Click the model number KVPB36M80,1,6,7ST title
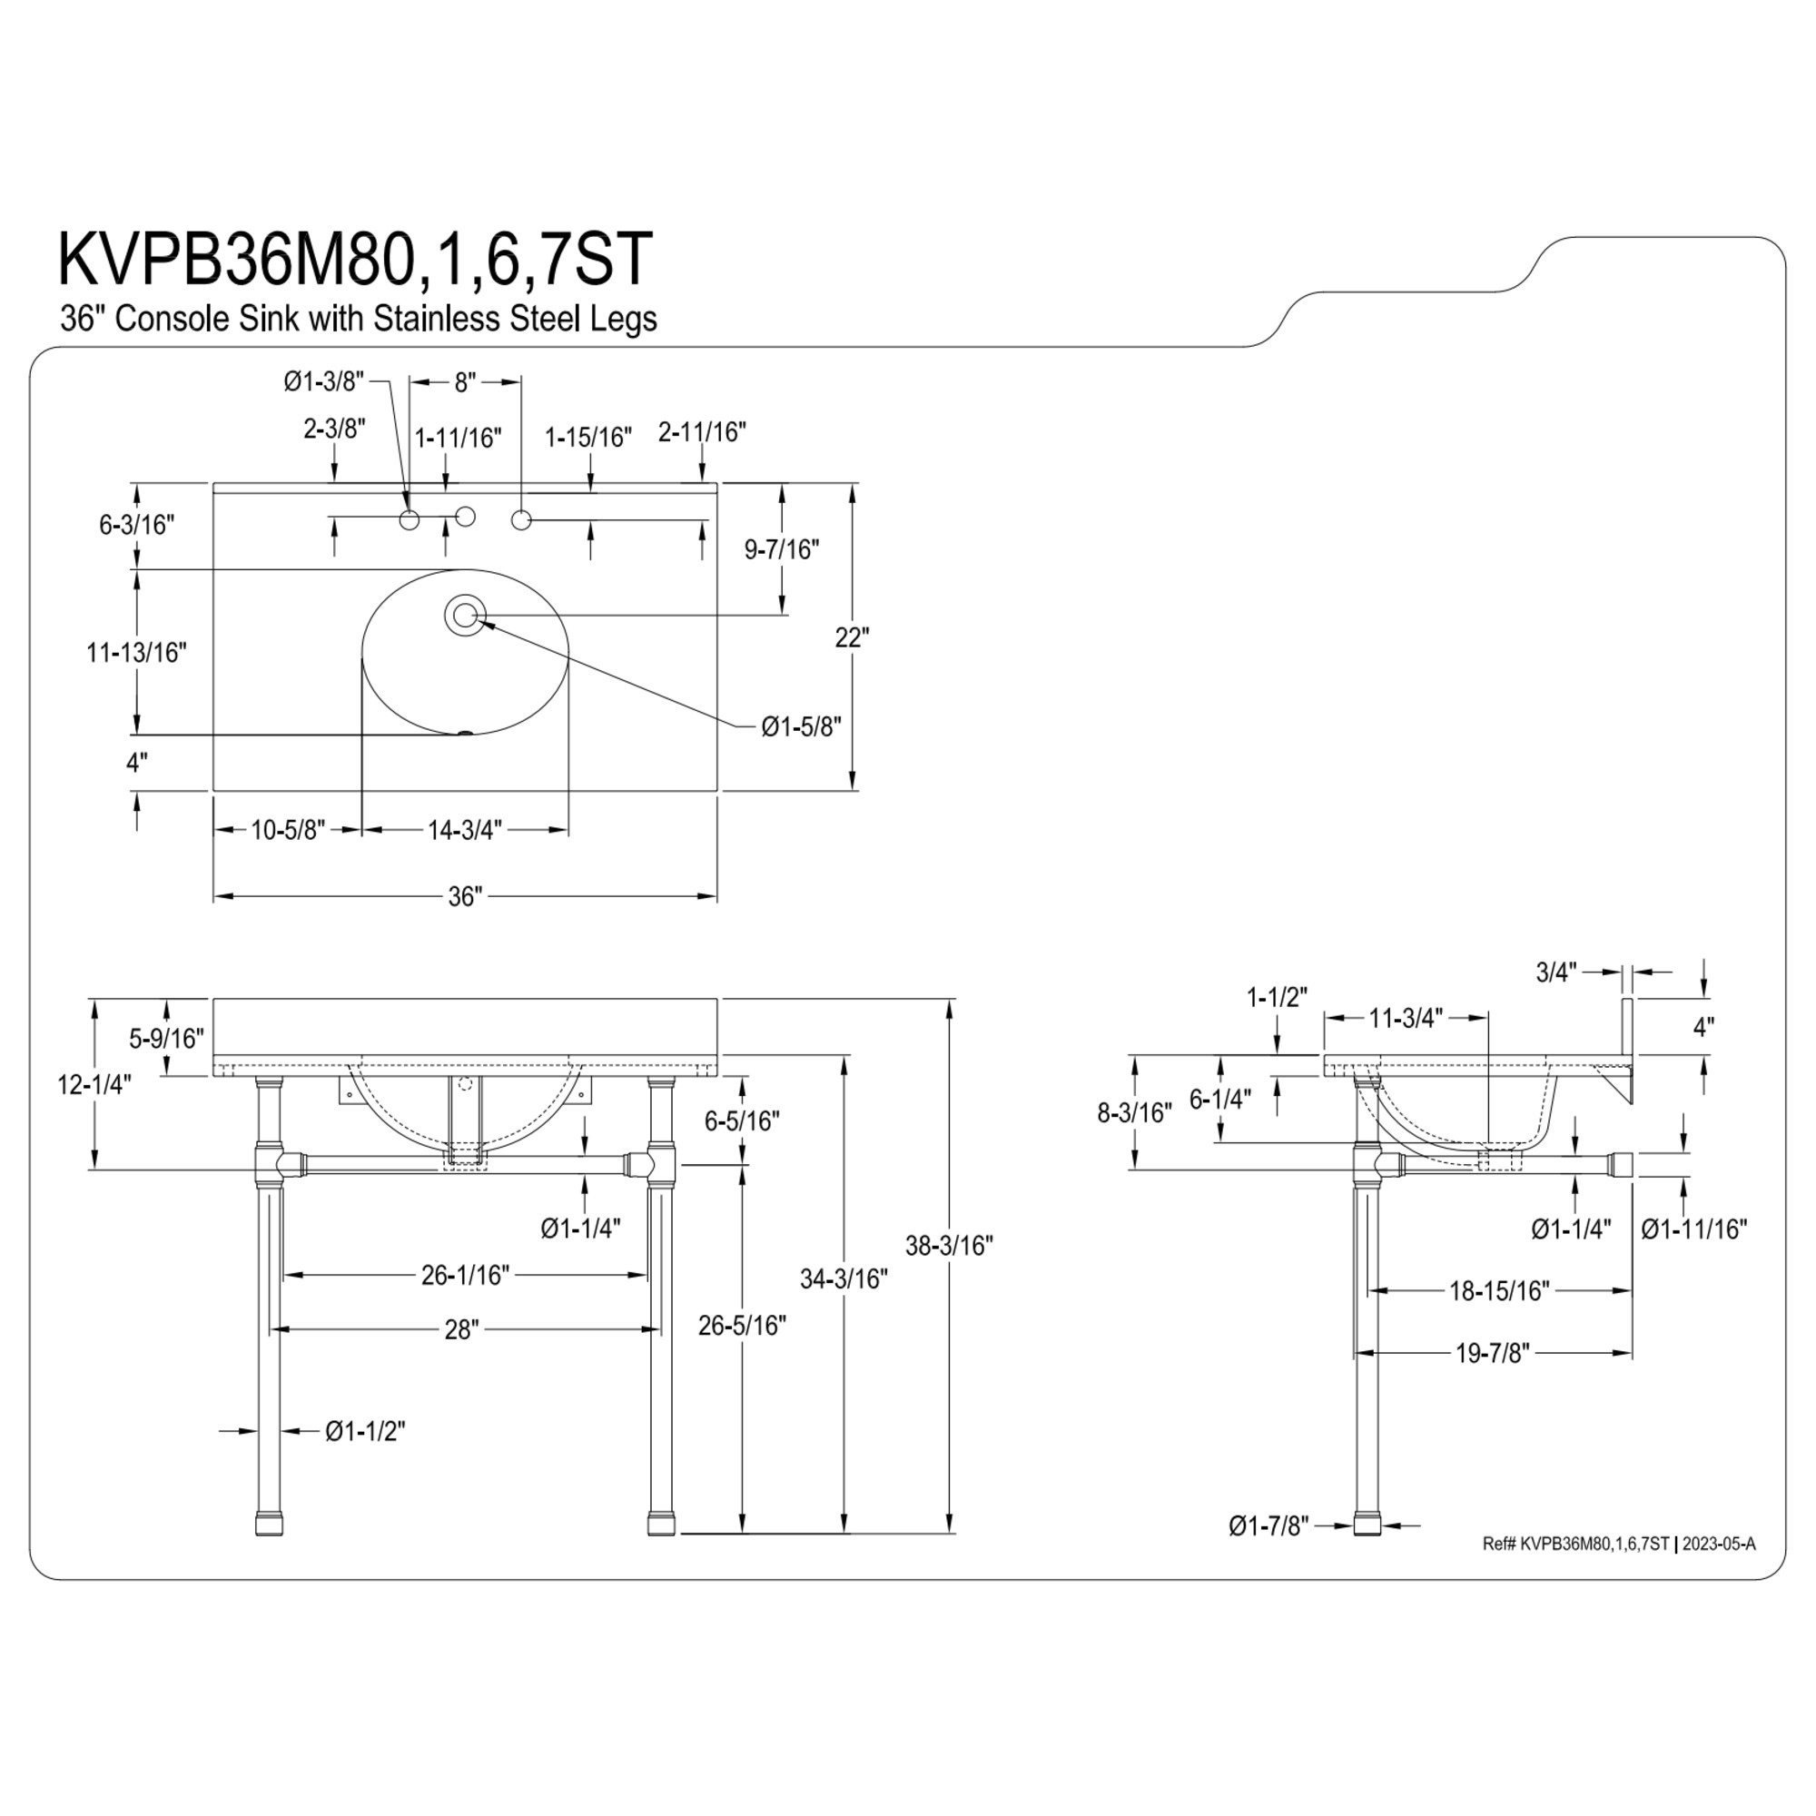[354, 259]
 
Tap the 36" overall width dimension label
[464, 897]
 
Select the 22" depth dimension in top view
[852, 637]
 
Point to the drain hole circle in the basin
[464, 616]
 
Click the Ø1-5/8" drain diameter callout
[801, 726]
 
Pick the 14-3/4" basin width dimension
[464, 830]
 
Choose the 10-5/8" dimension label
[288, 830]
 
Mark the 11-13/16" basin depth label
[136, 652]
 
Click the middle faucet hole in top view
[464, 516]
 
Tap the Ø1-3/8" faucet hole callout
[323, 381]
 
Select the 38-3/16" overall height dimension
[949, 1246]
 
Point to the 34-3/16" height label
[844, 1278]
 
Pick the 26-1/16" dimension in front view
[464, 1275]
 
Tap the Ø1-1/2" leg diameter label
[365, 1431]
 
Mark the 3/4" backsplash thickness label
[1555, 972]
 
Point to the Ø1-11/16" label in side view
[1693, 1229]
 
